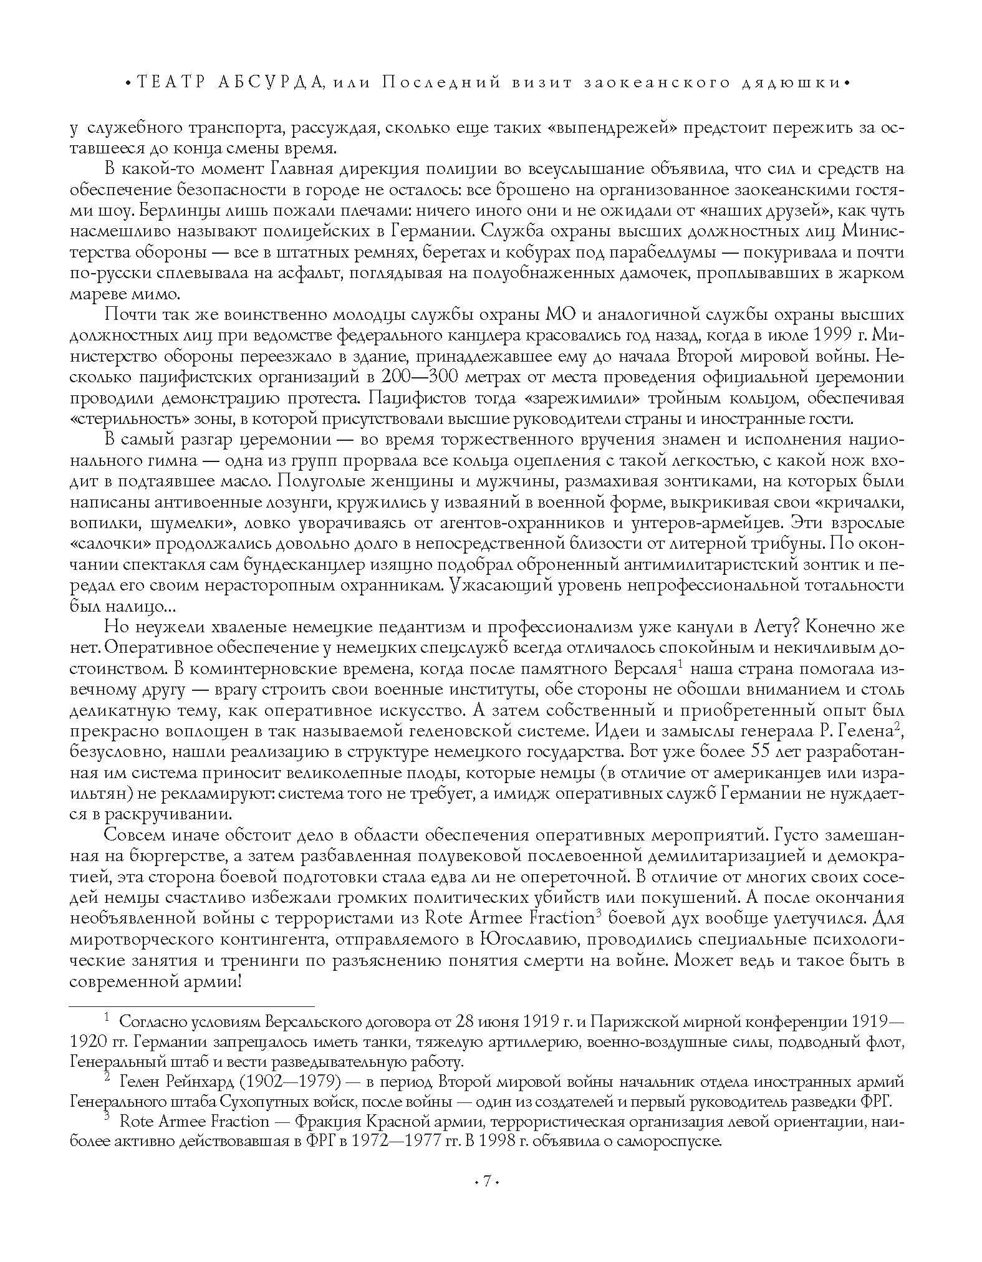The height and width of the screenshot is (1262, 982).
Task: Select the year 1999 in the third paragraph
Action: (x=832, y=335)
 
